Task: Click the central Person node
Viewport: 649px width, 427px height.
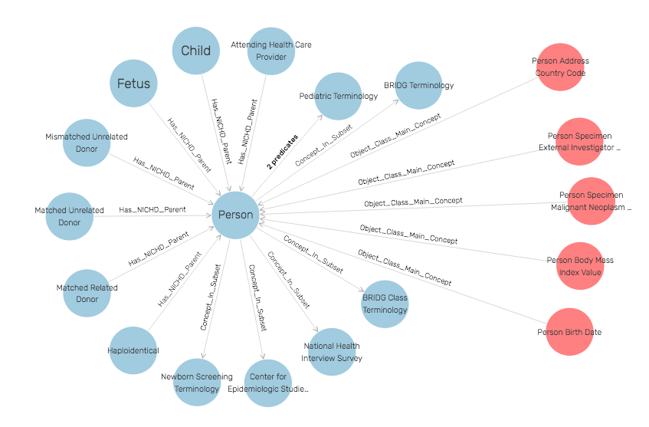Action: [x=235, y=215]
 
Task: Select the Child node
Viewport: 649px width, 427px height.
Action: [x=195, y=51]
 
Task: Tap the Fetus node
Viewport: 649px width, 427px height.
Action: [x=133, y=83]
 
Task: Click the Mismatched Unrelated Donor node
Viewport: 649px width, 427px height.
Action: [x=87, y=143]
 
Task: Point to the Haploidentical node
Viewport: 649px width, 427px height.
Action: [x=134, y=350]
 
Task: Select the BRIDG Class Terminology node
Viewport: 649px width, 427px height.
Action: [x=385, y=304]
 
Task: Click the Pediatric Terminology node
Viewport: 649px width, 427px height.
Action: [x=338, y=97]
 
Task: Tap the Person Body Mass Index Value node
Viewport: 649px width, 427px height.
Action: [x=580, y=266]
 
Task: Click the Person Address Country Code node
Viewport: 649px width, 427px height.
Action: [x=559, y=67]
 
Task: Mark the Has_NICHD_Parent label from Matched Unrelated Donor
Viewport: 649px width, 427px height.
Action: [x=152, y=209]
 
